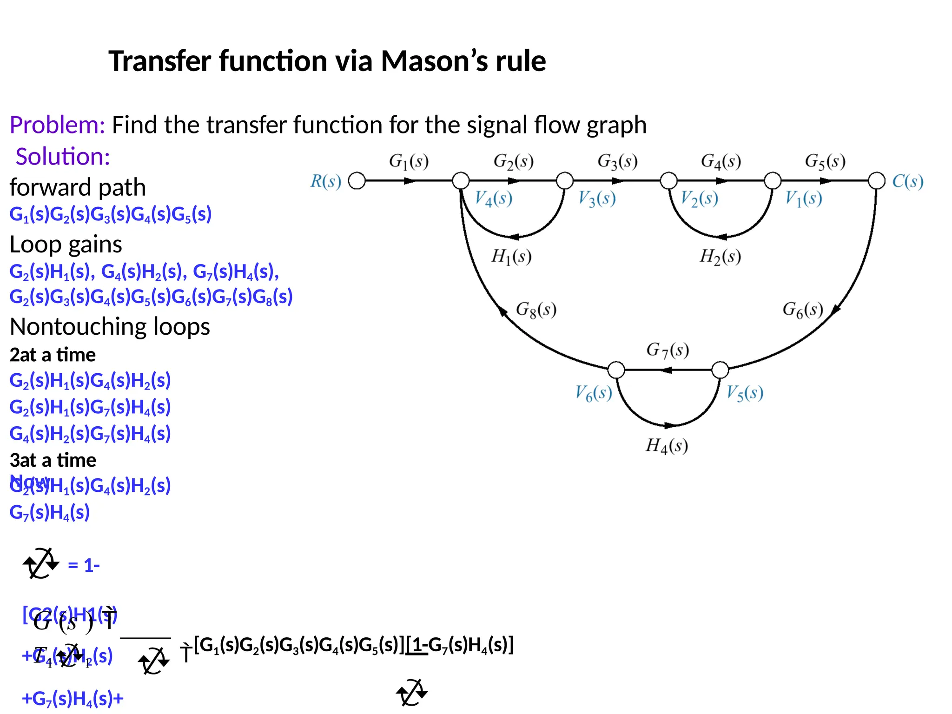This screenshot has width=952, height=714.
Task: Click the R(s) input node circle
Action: (x=357, y=180)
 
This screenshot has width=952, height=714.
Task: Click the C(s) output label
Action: (x=907, y=181)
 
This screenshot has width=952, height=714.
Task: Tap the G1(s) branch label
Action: (x=409, y=161)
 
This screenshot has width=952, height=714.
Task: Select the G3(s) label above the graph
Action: (x=617, y=161)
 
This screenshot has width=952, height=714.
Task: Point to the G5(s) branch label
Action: (x=825, y=161)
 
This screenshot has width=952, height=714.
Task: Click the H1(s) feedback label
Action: (x=511, y=256)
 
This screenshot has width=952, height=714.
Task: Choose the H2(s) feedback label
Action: (x=720, y=256)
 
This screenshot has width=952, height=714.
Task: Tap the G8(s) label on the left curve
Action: (x=536, y=309)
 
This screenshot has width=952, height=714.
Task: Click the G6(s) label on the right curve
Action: (x=803, y=309)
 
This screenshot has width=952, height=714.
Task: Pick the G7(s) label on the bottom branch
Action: (x=668, y=350)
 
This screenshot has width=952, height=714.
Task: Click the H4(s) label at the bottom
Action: (x=667, y=446)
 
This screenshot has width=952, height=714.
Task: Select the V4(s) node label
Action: (x=493, y=198)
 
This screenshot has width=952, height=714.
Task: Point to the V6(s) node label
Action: (x=594, y=393)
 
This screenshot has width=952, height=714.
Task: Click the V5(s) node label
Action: (x=745, y=393)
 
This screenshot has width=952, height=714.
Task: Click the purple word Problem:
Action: (x=57, y=125)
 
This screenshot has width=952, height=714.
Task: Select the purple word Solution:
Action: (x=63, y=157)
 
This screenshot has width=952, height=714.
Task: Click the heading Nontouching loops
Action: (x=110, y=326)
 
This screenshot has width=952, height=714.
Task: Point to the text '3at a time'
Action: (x=53, y=460)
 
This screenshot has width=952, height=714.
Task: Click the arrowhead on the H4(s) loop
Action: (x=670, y=425)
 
